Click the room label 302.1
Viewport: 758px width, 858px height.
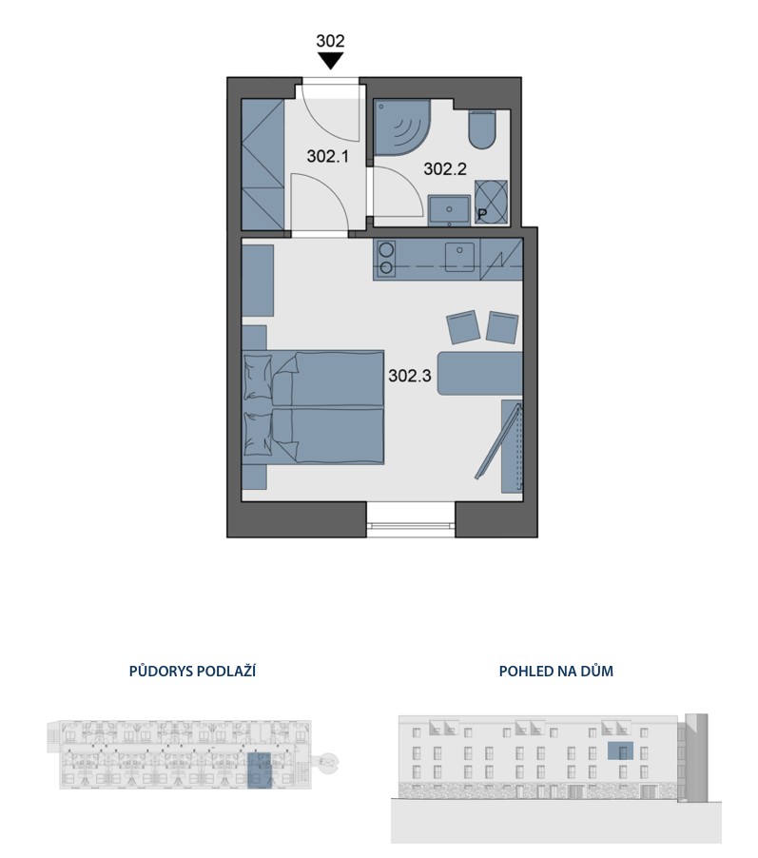[328, 157]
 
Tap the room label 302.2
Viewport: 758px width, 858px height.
[445, 169]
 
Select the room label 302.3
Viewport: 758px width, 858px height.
[410, 376]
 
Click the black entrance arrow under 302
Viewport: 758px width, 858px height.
[330, 61]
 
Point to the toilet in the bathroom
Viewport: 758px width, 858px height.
[482, 129]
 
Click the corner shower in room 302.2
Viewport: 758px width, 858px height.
[401, 126]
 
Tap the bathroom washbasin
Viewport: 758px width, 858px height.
[449, 210]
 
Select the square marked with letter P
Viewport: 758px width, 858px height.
[492, 202]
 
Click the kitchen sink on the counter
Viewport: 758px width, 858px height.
[459, 257]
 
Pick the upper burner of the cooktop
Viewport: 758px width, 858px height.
[387, 249]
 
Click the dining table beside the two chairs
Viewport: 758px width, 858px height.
[480, 374]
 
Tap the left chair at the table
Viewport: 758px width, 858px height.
[463, 327]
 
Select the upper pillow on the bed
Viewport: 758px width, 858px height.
[259, 377]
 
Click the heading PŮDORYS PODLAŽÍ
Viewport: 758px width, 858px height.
[193, 671]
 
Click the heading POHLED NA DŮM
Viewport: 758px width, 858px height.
[556, 671]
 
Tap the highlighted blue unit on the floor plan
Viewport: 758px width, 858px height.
[259, 770]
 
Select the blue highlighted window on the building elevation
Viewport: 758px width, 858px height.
[621, 751]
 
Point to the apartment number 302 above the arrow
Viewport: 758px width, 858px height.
[330, 41]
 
